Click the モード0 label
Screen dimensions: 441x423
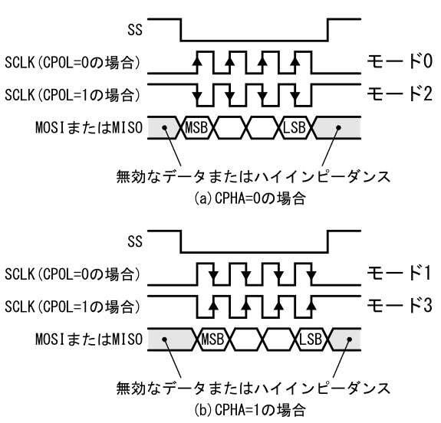400,61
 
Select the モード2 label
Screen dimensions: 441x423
400,94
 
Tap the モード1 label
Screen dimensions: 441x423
400,273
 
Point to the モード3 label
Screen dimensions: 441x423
400,305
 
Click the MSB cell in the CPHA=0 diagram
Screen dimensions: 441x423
196,128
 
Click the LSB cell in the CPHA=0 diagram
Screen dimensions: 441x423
295,128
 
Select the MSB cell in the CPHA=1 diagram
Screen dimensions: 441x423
213,339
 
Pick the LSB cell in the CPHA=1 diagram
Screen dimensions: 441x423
311,339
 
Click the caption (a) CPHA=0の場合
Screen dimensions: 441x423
250,198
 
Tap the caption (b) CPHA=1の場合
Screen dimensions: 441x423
250,410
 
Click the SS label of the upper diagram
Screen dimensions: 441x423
135,30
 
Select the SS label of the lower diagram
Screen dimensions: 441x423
135,241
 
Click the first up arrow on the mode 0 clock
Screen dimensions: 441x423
197,61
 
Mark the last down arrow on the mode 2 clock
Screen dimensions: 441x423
295,95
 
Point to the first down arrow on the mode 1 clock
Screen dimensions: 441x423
214,274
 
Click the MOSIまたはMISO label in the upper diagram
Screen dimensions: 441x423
89,128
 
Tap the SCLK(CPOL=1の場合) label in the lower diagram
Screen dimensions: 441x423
72,306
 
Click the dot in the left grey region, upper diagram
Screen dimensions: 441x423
165,128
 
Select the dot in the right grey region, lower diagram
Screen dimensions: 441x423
349,339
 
